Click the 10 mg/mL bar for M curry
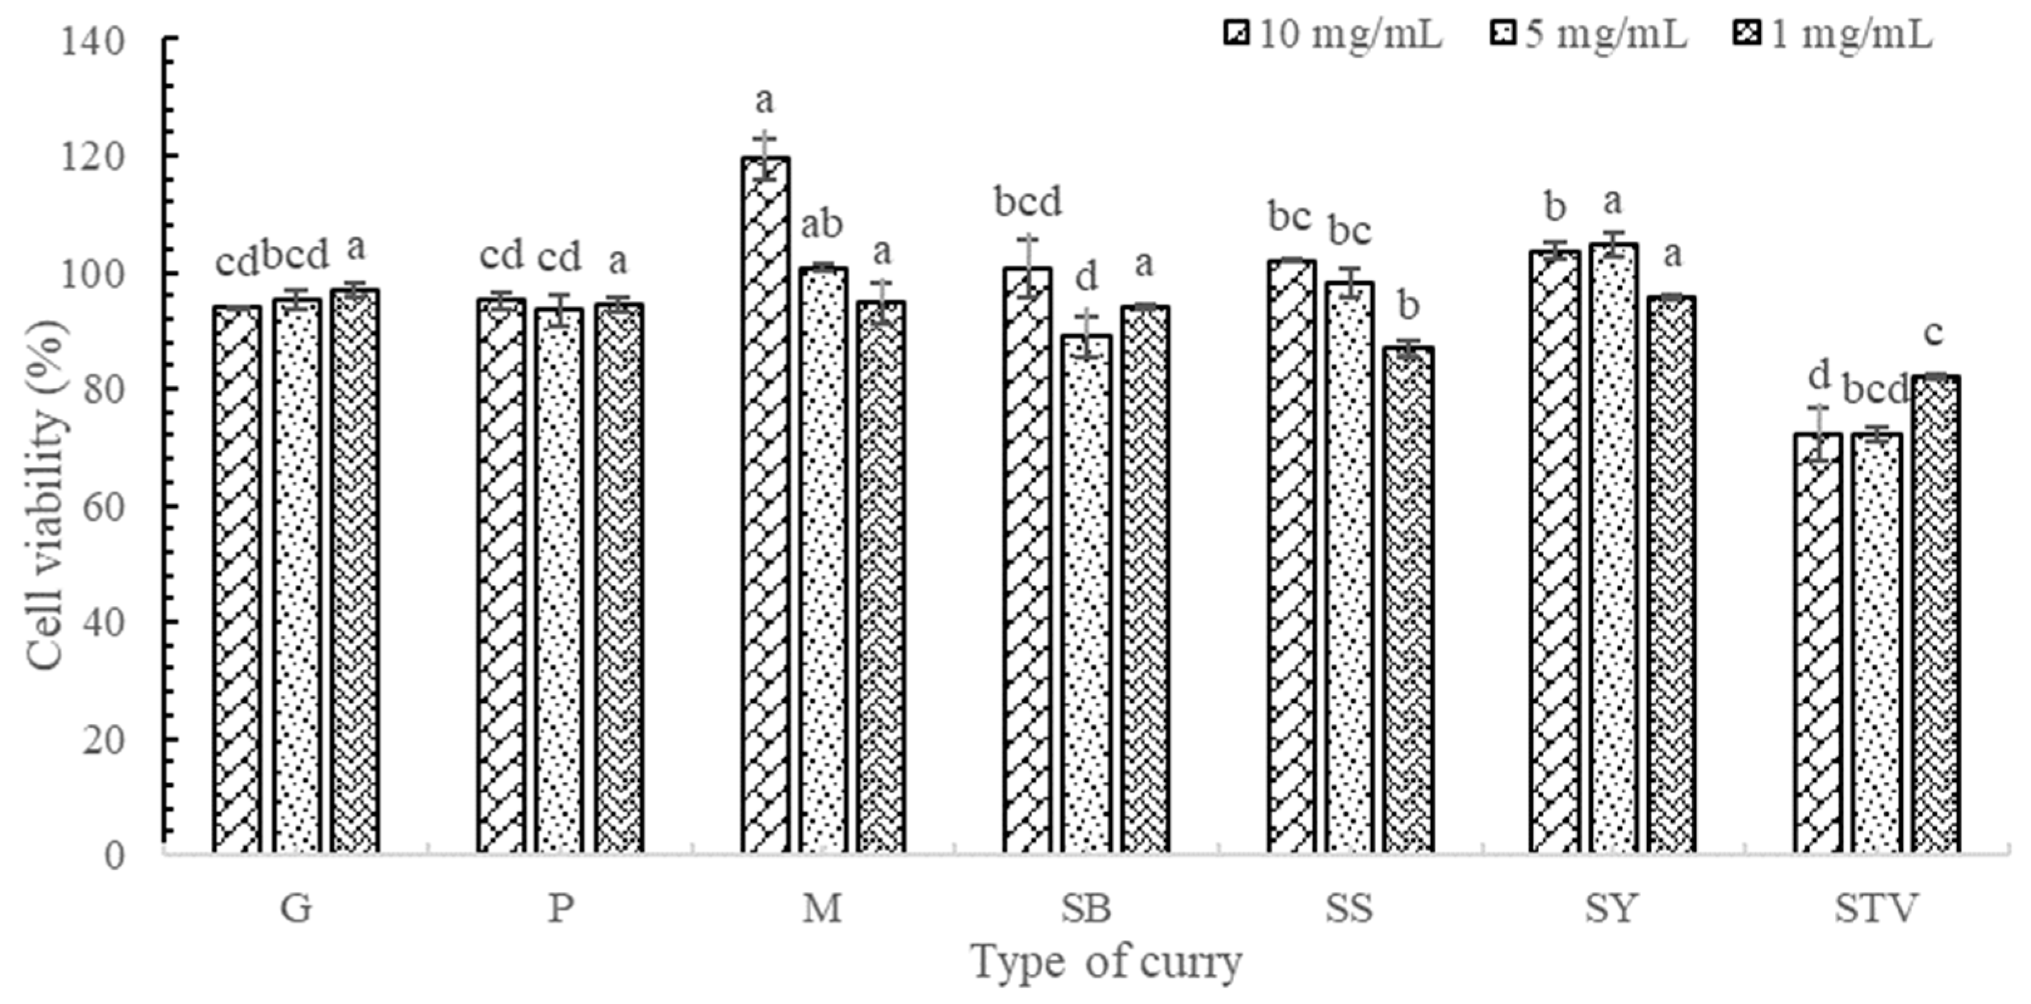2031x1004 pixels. click(x=765, y=505)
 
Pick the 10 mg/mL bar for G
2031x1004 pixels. click(x=237, y=580)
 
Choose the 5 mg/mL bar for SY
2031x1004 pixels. click(x=1613, y=548)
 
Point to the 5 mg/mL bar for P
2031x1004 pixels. click(x=560, y=580)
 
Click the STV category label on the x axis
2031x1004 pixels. click(x=1875, y=909)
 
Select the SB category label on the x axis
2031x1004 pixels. click(x=1085, y=909)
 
